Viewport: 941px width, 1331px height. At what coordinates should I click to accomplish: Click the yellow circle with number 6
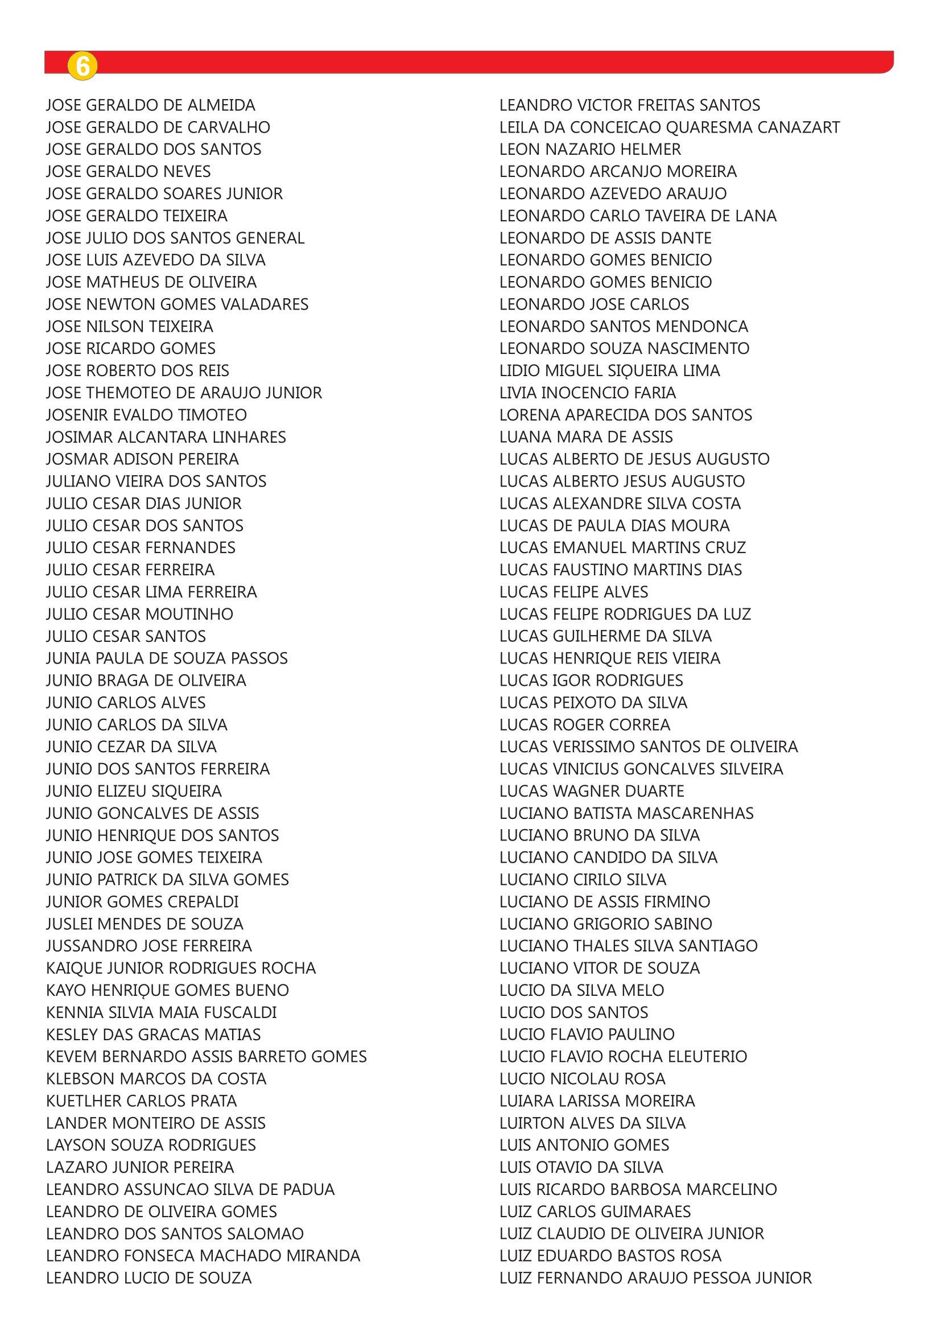(x=82, y=66)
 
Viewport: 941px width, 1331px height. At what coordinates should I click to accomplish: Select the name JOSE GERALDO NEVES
(x=129, y=172)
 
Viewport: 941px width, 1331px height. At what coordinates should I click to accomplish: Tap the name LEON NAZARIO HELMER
(x=590, y=150)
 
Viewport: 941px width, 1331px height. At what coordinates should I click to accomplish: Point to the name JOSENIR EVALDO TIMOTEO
(x=147, y=415)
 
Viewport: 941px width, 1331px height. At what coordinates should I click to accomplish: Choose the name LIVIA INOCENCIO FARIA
(x=588, y=393)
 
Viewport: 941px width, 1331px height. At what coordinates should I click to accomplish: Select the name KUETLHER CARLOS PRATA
(x=142, y=1101)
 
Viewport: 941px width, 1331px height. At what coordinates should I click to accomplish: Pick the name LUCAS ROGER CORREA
(x=585, y=724)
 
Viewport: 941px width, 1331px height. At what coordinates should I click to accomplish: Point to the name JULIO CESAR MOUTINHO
(x=139, y=614)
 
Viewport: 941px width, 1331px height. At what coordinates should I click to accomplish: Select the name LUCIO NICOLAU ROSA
(x=583, y=1079)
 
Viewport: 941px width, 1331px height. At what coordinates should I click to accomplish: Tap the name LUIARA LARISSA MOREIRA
(x=597, y=1101)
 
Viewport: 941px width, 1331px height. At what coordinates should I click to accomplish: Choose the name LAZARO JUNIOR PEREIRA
(x=140, y=1167)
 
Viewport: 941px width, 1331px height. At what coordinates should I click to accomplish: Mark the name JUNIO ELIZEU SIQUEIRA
(x=134, y=792)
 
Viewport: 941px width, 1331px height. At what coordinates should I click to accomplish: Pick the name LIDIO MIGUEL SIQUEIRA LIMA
(x=609, y=371)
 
